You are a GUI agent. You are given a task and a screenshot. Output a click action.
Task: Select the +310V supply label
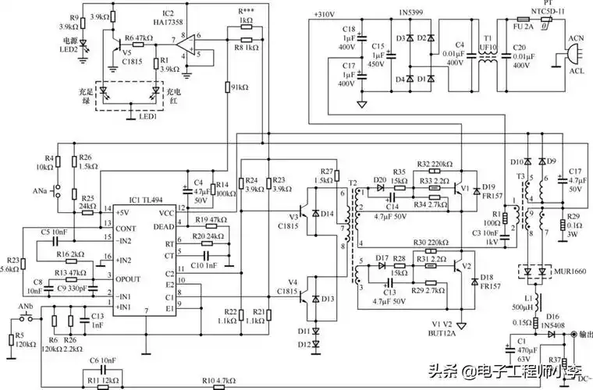tap(325, 15)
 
